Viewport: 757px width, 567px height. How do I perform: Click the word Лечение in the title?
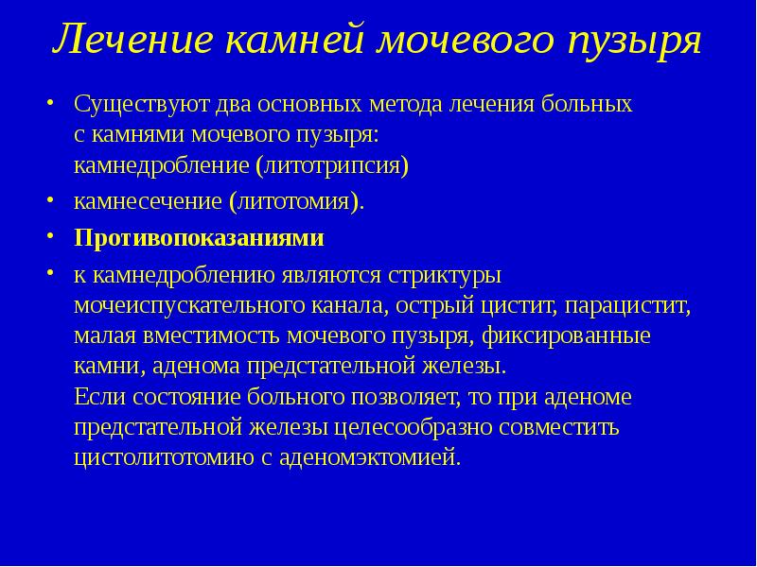pos(132,42)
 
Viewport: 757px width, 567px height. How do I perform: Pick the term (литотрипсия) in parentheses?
pos(332,166)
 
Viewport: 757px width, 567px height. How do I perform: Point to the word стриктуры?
pos(444,275)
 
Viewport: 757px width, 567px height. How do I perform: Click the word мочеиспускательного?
pos(188,305)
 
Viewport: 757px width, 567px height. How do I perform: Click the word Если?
pos(97,397)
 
